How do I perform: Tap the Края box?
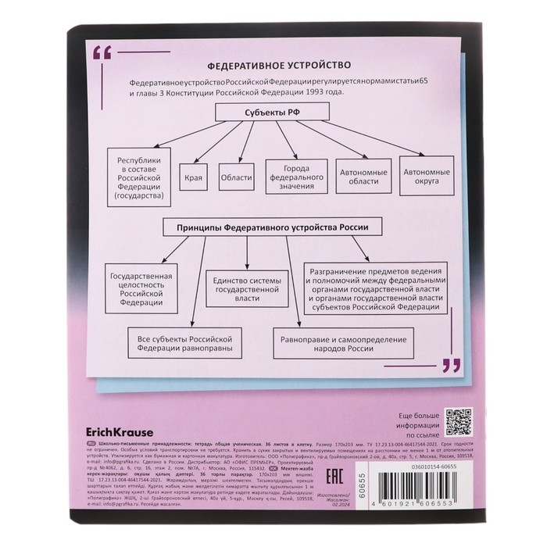(194, 177)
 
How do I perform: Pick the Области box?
(234, 177)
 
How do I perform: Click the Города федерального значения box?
(295, 177)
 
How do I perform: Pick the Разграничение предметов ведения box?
(377, 286)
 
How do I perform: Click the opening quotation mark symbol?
(102, 55)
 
